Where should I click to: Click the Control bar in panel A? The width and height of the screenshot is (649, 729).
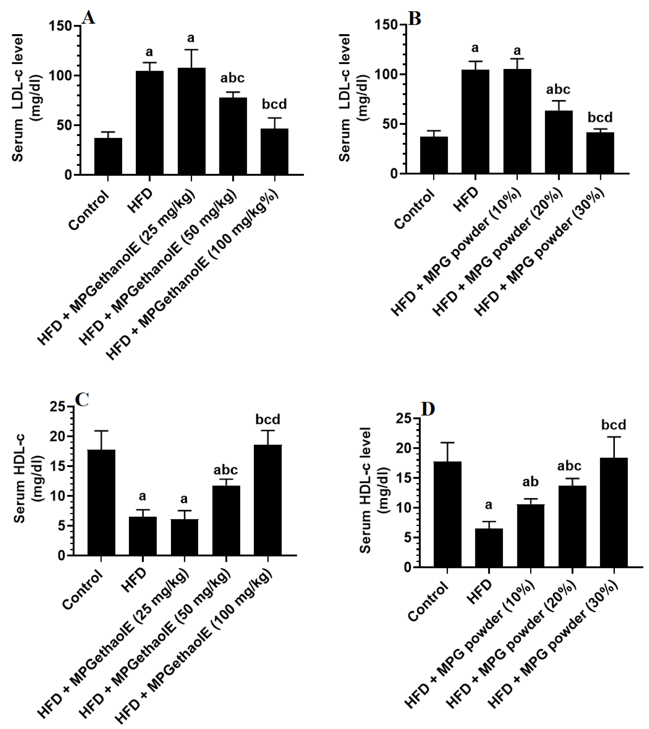[x=108, y=156]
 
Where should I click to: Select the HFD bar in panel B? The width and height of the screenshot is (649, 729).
[x=475, y=121]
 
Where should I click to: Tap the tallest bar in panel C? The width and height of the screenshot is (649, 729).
[x=268, y=499]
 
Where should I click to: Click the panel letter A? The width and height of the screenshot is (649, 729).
[x=88, y=18]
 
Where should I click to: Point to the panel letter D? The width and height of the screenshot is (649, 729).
[x=428, y=409]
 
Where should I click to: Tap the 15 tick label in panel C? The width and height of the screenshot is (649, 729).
[x=58, y=466]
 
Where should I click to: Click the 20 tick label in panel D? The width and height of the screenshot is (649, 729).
[x=403, y=448]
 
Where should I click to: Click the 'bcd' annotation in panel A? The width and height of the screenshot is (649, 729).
[x=274, y=104]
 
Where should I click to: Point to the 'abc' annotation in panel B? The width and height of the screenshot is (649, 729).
[x=558, y=89]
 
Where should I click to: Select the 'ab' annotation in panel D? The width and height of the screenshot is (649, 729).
[x=530, y=482]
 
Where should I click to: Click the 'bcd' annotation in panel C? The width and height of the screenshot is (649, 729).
[x=268, y=419]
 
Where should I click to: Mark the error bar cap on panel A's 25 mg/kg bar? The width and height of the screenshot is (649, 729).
[x=191, y=50]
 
